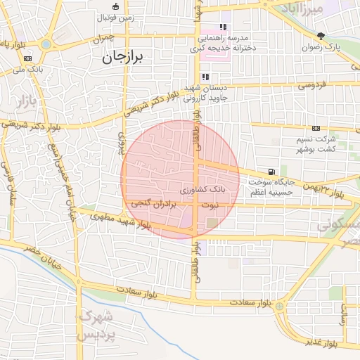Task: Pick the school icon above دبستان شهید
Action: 205,77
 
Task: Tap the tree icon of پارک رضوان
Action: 321,36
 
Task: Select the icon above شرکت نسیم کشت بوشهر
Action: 316,129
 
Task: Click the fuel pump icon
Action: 271,172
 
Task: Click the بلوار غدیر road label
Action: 322,342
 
